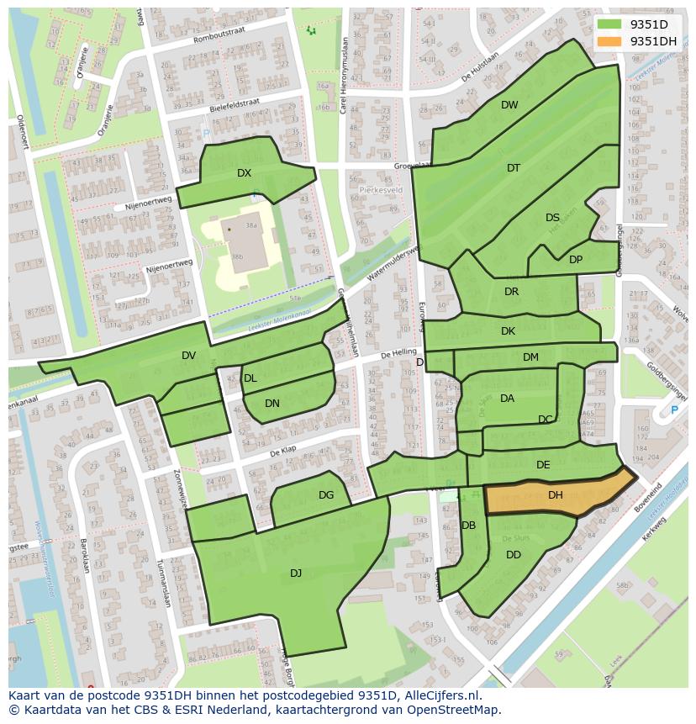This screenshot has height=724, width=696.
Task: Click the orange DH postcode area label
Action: click(x=555, y=495)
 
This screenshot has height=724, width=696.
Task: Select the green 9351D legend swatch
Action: click(x=609, y=24)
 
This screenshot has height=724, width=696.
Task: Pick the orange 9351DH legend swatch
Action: click(x=609, y=41)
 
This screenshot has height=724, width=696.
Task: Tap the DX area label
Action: click(x=244, y=173)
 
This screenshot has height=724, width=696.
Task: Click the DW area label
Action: click(x=509, y=105)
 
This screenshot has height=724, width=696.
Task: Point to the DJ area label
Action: click(x=296, y=573)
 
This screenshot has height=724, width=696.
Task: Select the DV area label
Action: click(x=188, y=356)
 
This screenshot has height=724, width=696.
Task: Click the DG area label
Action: click(x=326, y=495)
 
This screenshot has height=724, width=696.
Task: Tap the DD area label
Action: click(x=514, y=555)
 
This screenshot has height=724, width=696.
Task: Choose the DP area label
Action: click(x=576, y=260)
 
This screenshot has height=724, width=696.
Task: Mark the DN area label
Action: click(x=272, y=404)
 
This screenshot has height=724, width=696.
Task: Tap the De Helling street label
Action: click(x=398, y=353)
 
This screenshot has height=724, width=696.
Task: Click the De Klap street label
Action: click(x=285, y=452)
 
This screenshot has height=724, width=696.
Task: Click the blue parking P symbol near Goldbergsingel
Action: click(x=674, y=410)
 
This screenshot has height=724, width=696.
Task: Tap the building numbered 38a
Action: click(x=250, y=225)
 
